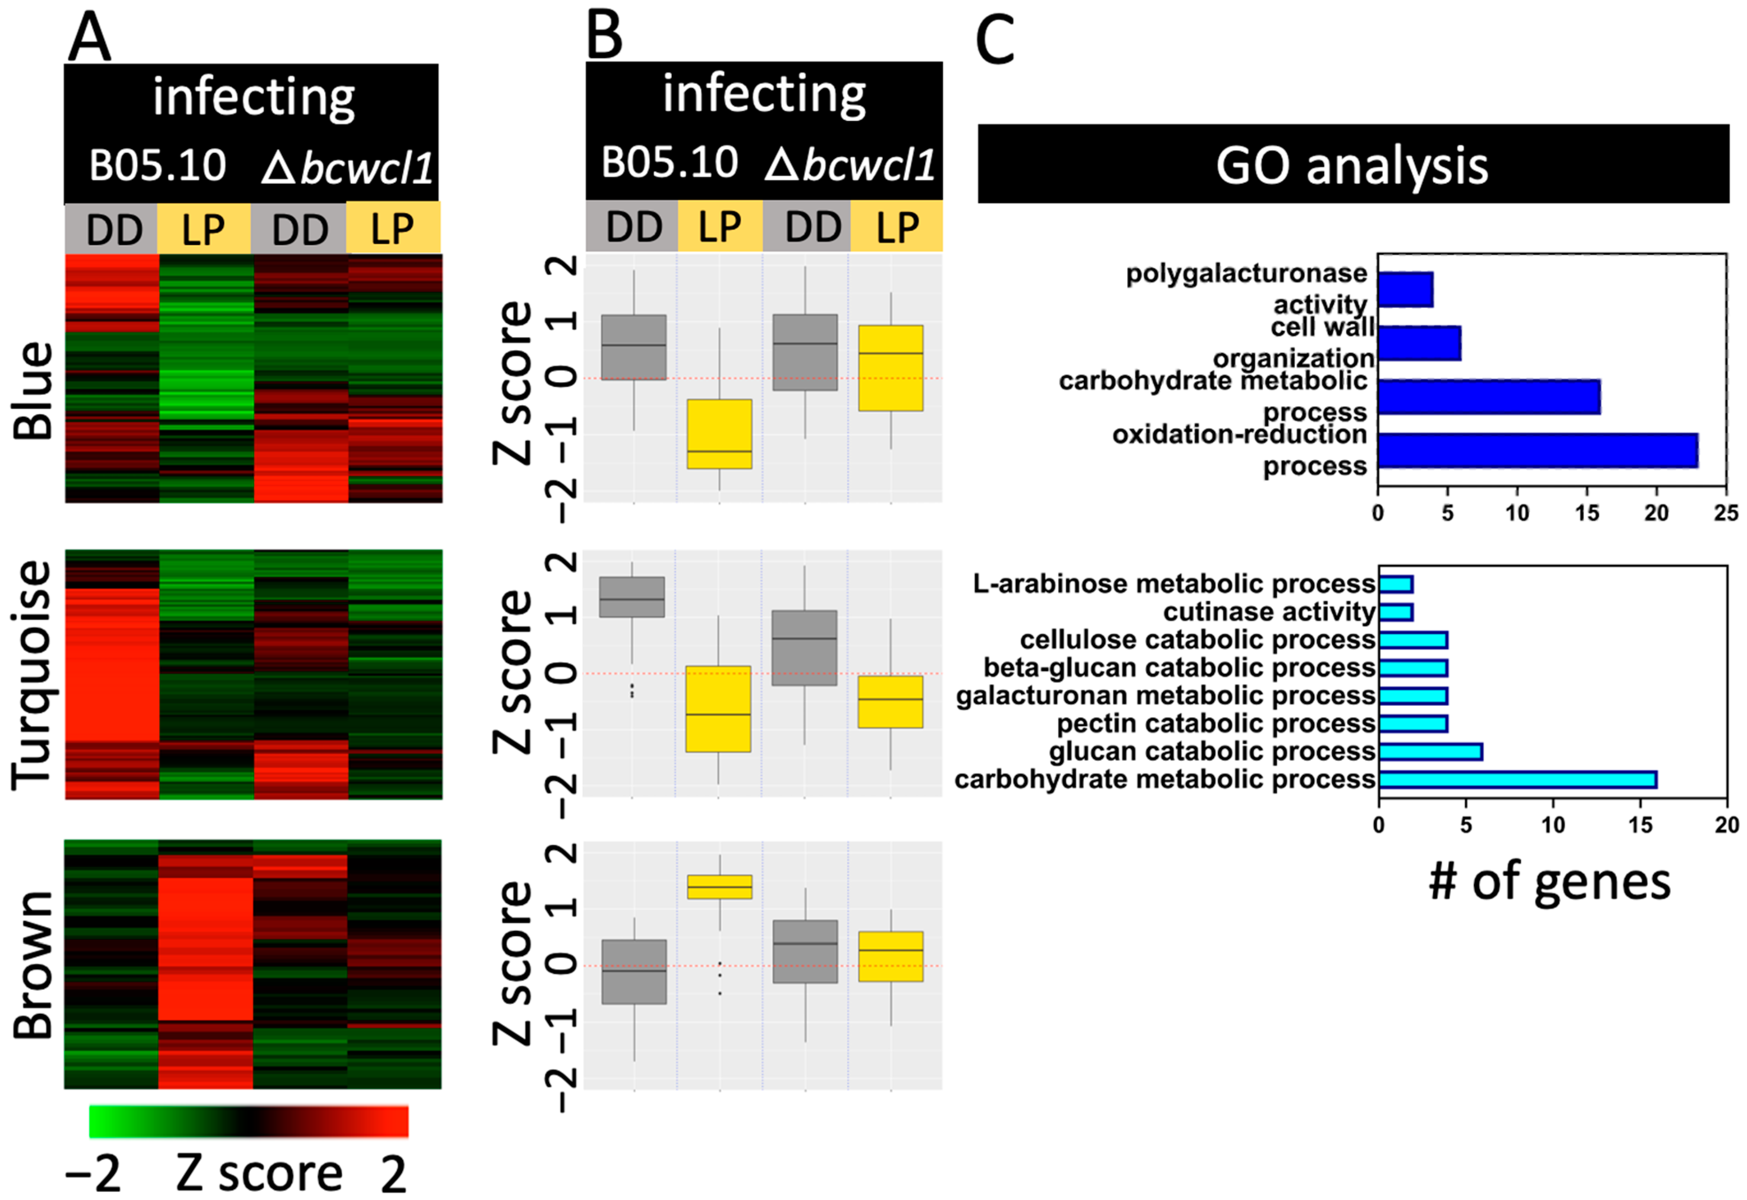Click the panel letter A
[89, 38]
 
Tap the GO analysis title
[1352, 165]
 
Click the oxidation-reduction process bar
[1537, 450]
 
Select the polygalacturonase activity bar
[1405, 289]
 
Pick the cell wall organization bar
[1419, 343]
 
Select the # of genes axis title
[1549, 882]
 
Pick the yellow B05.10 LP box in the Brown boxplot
[720, 886]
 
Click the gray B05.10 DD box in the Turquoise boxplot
[632, 597]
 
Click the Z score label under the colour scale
[259, 1173]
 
